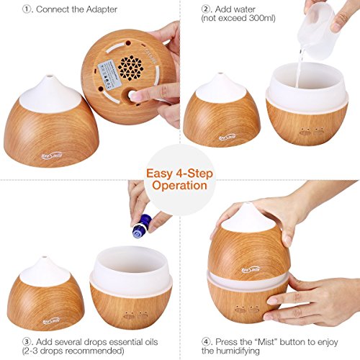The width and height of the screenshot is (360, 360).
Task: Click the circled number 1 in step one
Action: coord(27,9)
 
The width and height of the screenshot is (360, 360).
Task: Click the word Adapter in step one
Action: coord(102,9)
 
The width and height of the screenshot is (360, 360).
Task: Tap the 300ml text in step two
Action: coord(261,18)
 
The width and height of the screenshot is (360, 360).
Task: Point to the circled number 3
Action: coord(27,342)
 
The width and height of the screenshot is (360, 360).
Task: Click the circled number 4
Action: coord(207,342)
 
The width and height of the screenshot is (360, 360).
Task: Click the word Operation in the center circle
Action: coord(179,186)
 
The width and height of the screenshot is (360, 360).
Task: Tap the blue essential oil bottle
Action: coord(142,226)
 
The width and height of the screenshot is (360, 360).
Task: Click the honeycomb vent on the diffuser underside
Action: coord(130,68)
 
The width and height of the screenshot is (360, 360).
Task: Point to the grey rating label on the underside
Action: coord(107,75)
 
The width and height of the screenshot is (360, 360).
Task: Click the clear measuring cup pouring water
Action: coord(318,32)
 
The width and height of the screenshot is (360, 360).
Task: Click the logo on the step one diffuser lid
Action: coord(52,156)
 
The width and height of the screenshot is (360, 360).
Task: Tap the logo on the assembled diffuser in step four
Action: coord(251,270)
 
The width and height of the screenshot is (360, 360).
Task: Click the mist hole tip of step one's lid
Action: coord(50,77)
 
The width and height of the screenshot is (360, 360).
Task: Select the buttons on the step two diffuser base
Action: coord(312,132)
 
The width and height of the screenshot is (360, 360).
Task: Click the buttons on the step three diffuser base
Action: coord(136,315)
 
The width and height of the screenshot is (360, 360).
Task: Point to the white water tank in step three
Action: coord(131,267)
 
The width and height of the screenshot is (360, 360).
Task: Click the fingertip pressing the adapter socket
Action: coord(132,95)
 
